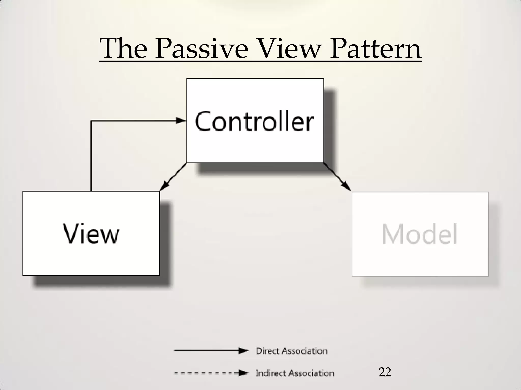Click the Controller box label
coord(254,121)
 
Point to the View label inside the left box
coord(91,233)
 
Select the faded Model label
coord(419,234)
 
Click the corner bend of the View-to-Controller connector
coord(91,121)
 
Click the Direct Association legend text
coord(292,351)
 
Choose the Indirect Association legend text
coord(295,373)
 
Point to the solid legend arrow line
coord(206,351)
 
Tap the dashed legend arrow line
coord(206,373)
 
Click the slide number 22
coord(385,372)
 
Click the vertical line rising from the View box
coord(91,157)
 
